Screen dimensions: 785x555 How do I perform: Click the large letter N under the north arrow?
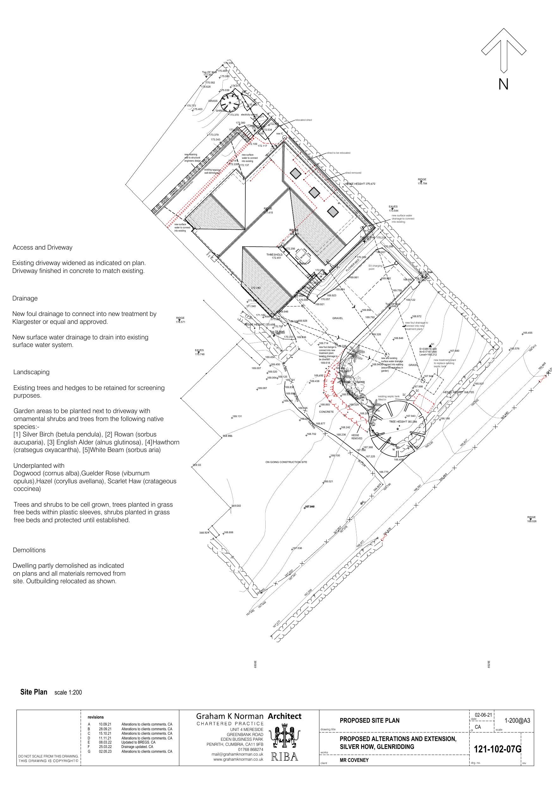(x=503, y=84)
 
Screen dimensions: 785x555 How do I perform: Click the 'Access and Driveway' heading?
(x=42, y=248)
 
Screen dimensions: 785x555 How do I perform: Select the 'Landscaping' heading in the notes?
(x=31, y=372)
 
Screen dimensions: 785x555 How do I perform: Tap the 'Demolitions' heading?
(x=29, y=550)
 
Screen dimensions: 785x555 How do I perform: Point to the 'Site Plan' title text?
(x=34, y=692)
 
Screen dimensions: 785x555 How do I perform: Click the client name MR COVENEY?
(x=354, y=760)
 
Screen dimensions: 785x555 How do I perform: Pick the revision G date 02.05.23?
(x=105, y=751)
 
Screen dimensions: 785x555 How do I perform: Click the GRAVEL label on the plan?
(x=337, y=318)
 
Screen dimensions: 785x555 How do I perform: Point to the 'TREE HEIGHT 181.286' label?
(x=403, y=422)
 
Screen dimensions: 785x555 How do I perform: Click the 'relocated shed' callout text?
(x=303, y=120)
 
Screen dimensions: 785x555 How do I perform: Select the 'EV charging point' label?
(x=375, y=267)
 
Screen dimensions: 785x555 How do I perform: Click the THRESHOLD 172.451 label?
(x=274, y=256)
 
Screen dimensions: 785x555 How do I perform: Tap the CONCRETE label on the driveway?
(x=326, y=412)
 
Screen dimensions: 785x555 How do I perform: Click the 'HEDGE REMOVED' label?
(x=357, y=436)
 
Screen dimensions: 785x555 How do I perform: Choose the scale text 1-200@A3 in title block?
(x=517, y=720)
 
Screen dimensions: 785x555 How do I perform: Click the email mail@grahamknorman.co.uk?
(x=237, y=754)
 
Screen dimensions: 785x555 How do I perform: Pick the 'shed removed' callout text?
(x=353, y=173)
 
